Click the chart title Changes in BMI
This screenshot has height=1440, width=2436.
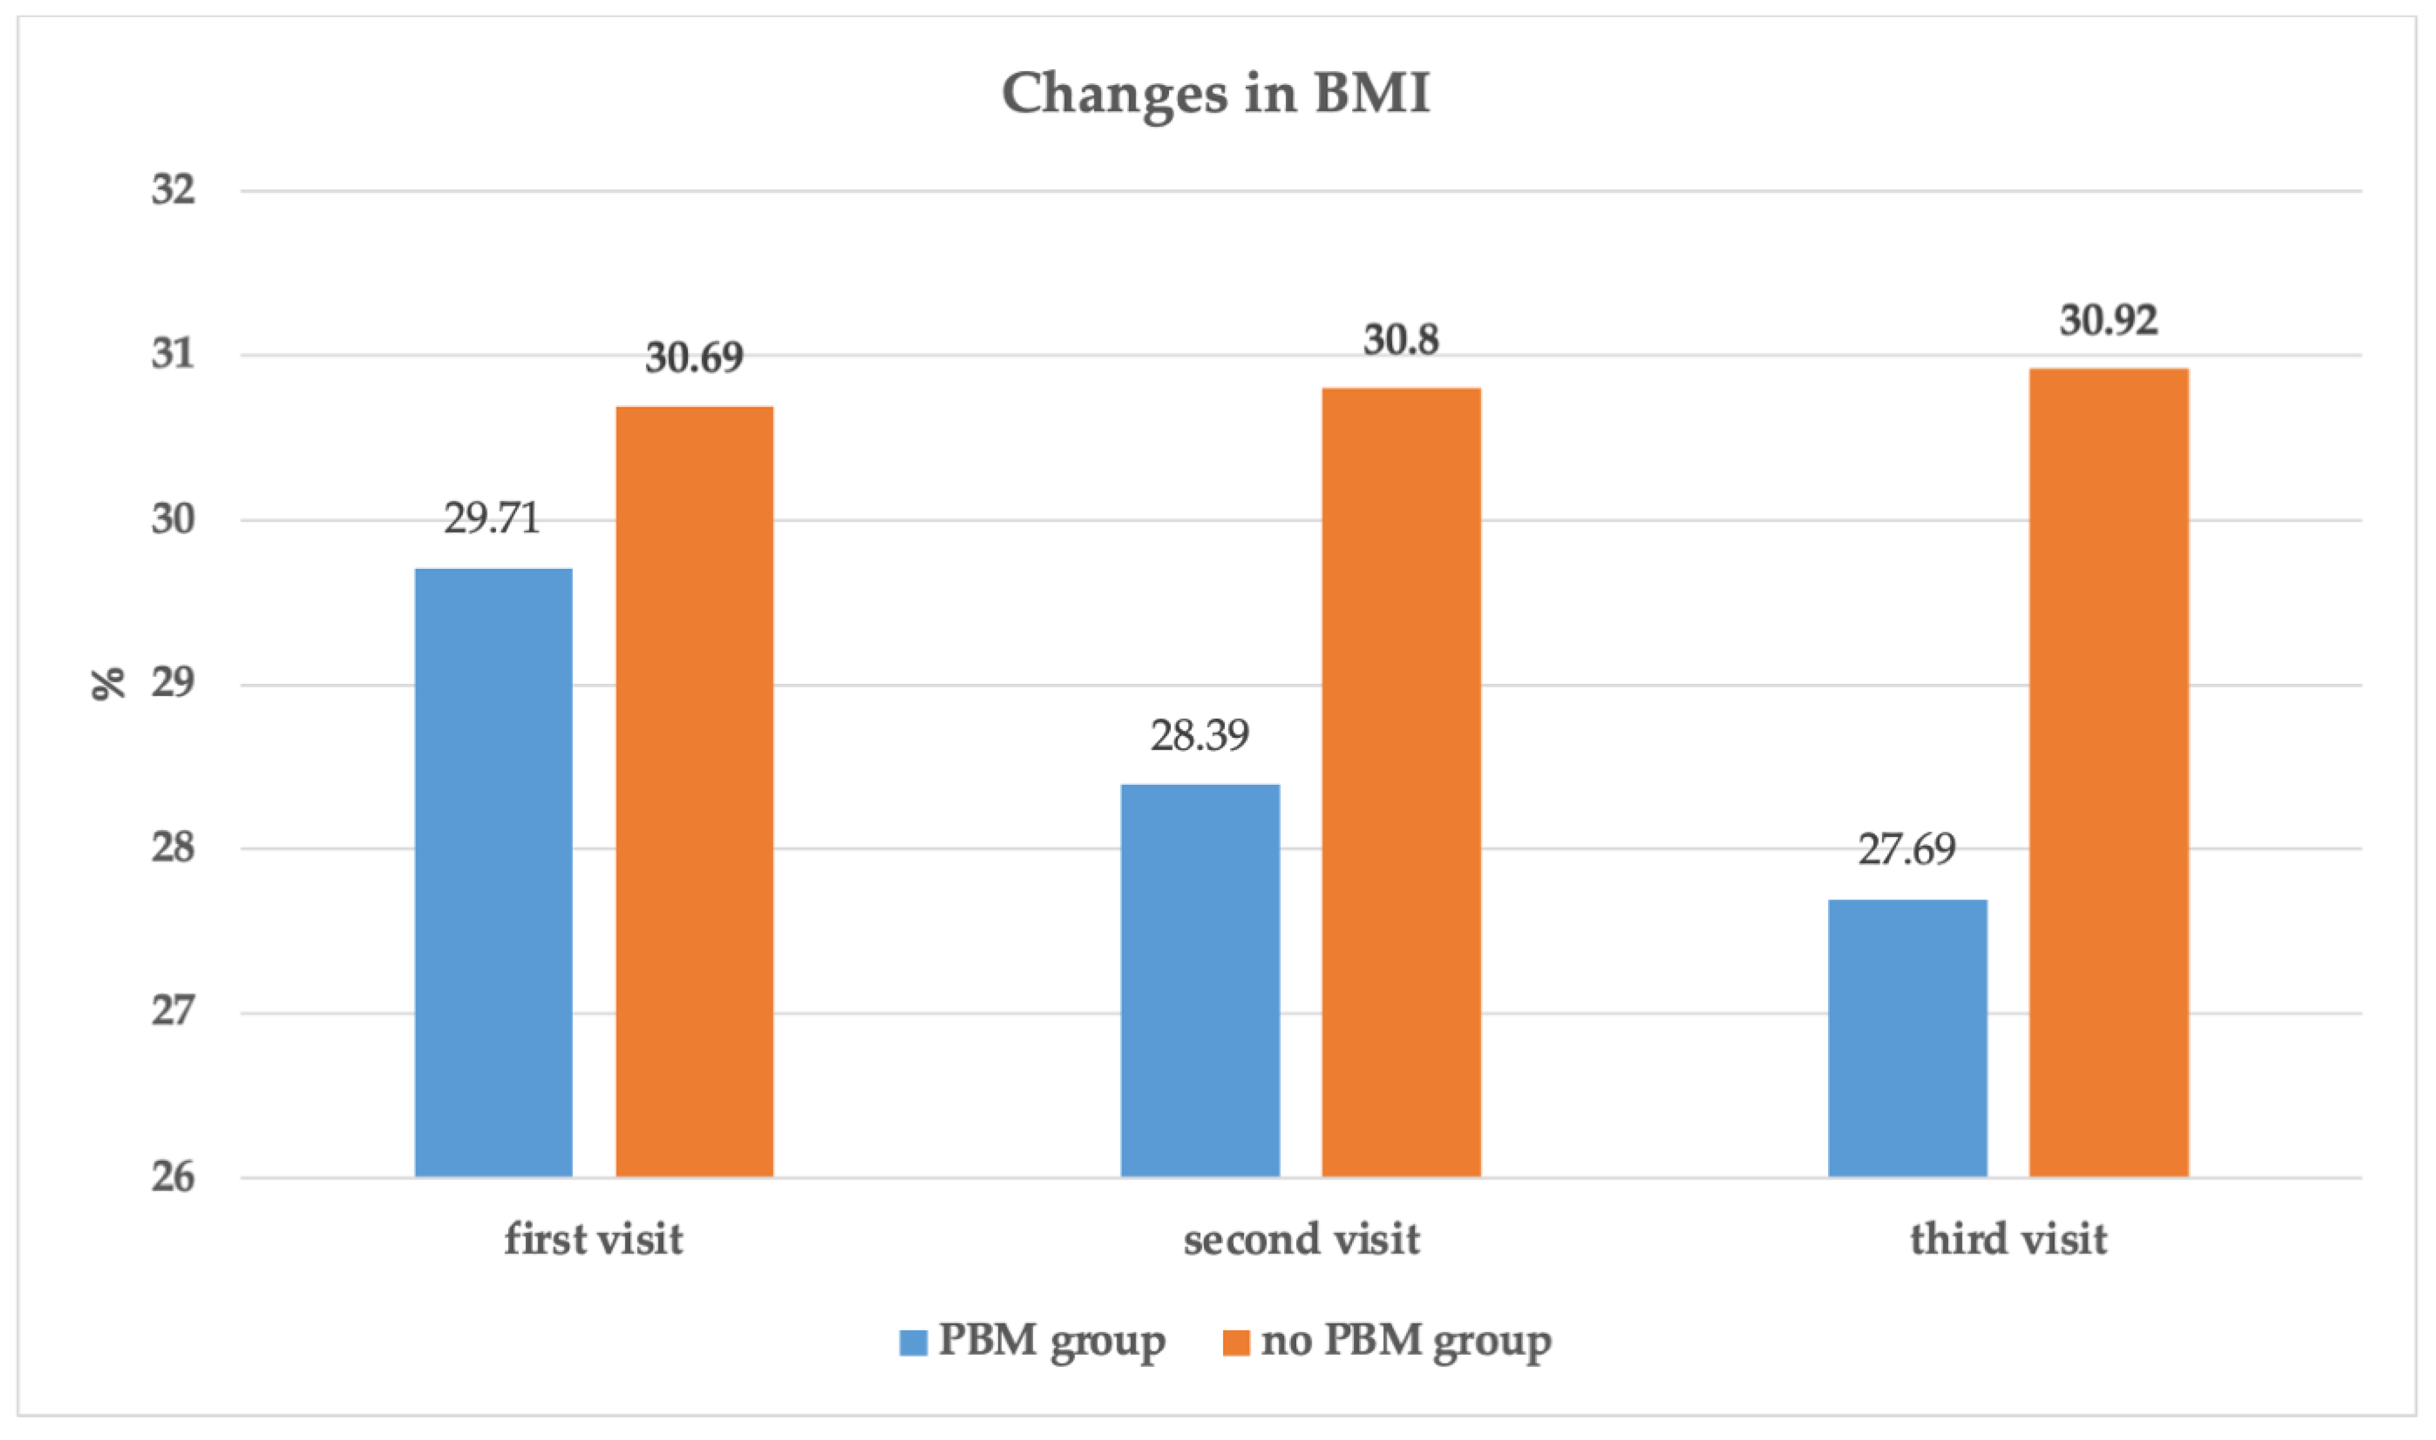tap(1215, 94)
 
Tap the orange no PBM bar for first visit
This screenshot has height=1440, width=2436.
tap(695, 792)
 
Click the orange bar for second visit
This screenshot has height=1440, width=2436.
tap(1401, 782)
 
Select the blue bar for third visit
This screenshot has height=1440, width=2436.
tap(1907, 1038)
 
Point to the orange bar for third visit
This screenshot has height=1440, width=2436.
tap(2109, 772)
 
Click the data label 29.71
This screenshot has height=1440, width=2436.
tap(491, 518)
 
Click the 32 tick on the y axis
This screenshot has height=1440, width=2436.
tap(173, 189)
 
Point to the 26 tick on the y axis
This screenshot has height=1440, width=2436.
tap(173, 1177)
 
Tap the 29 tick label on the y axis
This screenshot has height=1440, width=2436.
tap(173, 683)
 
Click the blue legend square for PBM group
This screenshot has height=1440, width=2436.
tap(913, 1342)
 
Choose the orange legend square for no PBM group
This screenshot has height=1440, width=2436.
tap(1235, 1342)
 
